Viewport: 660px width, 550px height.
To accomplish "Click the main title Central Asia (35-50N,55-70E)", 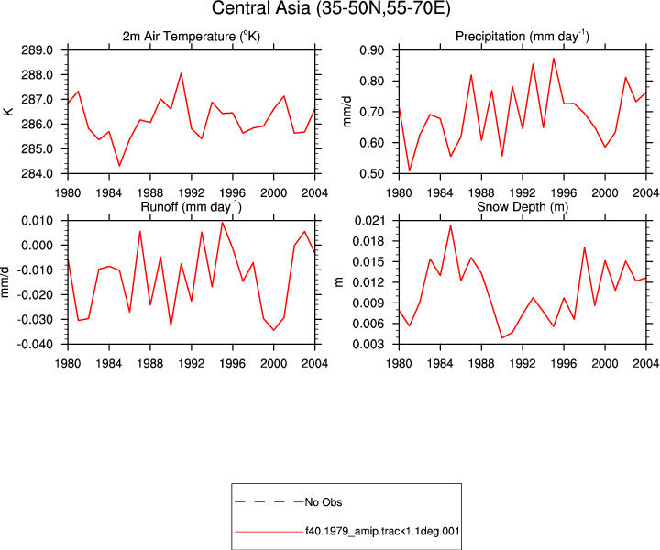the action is tap(331, 8).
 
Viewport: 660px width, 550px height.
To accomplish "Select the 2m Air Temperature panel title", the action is tap(192, 37).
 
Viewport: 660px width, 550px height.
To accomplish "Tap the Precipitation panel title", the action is tap(522, 37).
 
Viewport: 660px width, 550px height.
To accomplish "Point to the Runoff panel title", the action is tap(191, 207).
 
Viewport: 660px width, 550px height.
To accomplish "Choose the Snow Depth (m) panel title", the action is tap(522, 207).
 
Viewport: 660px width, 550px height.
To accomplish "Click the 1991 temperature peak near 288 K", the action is tap(181, 73).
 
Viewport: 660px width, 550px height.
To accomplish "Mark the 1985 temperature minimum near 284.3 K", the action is tap(119, 165).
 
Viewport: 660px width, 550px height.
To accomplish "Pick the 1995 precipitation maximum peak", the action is tap(554, 59).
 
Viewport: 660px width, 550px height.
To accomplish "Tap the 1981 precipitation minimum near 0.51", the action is tap(409, 170).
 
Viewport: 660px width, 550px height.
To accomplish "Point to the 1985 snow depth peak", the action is tap(450, 225).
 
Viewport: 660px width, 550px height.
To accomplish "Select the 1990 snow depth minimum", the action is tap(501, 337).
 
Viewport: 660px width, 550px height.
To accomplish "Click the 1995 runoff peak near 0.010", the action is tap(222, 222).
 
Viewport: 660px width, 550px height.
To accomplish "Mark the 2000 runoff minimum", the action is tap(273, 330).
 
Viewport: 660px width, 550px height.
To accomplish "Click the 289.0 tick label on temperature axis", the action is tap(37, 50).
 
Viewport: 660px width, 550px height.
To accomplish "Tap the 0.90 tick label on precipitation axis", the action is tap(372, 50).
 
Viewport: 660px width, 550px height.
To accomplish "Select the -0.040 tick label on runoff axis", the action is tap(35, 345).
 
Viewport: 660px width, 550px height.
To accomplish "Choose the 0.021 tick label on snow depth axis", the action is tap(369, 221).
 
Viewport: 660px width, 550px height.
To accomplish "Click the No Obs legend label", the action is tap(324, 502).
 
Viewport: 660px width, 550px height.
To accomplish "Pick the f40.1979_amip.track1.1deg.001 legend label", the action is tap(382, 531).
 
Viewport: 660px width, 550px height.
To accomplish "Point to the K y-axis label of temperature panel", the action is tap(9, 112).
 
